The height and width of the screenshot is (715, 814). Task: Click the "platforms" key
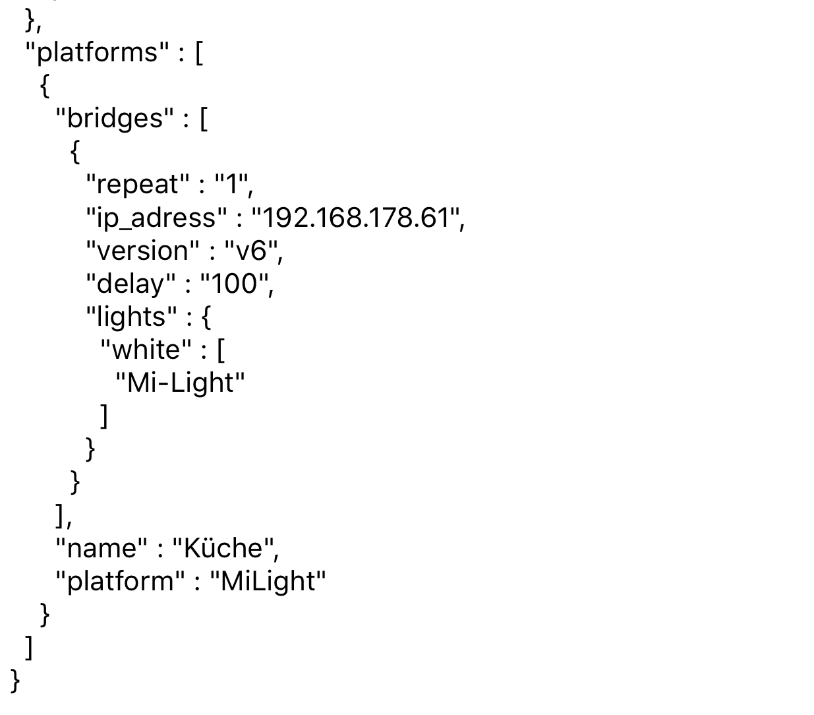click(x=92, y=52)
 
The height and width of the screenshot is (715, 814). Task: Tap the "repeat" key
click(x=137, y=184)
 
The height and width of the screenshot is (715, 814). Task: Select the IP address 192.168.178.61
click(x=355, y=218)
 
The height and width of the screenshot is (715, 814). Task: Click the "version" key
click(x=142, y=251)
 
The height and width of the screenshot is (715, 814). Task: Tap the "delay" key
click(x=131, y=284)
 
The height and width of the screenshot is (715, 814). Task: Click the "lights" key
click(x=132, y=317)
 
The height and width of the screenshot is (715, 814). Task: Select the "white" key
click(x=146, y=350)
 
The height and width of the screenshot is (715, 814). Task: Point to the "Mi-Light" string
click(x=180, y=383)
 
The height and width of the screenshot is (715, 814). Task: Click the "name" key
click(x=102, y=548)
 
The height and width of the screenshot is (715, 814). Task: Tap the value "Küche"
click(x=222, y=548)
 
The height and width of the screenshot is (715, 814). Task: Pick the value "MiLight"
click(x=268, y=581)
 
